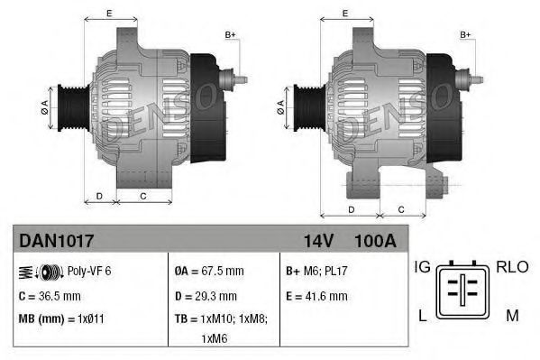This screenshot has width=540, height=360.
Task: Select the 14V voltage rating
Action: click(317, 241)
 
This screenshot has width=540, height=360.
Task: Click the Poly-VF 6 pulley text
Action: click(89, 270)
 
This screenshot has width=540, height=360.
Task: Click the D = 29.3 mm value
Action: click(205, 295)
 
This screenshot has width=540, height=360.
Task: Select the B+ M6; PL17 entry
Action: click(316, 270)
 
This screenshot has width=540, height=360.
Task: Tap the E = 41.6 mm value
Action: click(316, 295)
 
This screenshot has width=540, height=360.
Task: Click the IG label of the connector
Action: click(422, 267)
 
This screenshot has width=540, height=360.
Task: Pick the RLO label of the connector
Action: click(511, 267)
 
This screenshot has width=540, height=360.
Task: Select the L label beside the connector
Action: click(421, 314)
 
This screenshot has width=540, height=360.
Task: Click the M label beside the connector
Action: click(512, 314)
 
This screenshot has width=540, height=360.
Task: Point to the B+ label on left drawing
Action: click(230, 35)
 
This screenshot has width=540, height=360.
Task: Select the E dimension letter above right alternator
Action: click(345, 13)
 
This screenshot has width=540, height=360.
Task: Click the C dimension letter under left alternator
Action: click(143, 195)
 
